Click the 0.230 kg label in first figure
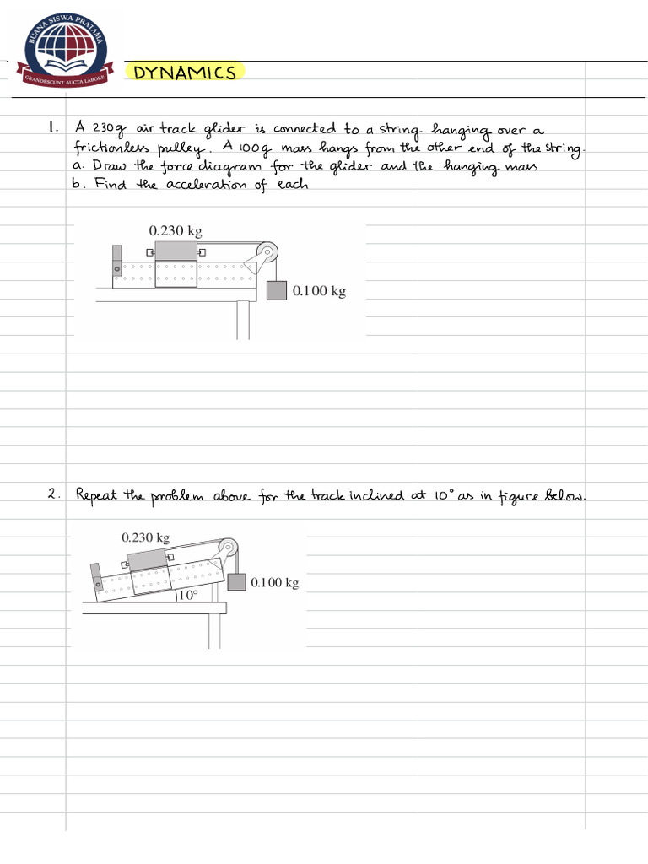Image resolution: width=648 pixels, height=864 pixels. point(175,230)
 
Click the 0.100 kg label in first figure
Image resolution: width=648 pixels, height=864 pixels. point(319,291)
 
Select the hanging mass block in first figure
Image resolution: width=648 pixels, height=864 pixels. point(278,290)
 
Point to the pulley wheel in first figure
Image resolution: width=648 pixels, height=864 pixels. point(266,252)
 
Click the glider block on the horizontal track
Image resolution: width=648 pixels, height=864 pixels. point(175,251)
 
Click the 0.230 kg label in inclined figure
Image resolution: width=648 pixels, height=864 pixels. point(145,537)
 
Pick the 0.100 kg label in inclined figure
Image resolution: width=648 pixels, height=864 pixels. point(274,582)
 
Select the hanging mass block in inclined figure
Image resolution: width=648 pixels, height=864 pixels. point(236,581)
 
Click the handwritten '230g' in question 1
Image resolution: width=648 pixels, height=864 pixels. point(108,129)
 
